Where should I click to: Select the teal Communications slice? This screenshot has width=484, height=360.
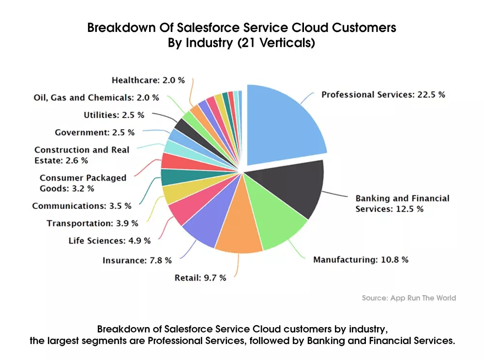point(169,178)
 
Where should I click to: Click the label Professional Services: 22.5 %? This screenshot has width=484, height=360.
point(383,95)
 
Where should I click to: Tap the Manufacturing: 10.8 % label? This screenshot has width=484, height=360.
point(361,260)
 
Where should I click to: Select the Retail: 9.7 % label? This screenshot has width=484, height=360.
point(200,278)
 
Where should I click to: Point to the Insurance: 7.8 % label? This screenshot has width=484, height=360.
point(137,260)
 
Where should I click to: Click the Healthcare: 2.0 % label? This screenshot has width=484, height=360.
point(148,80)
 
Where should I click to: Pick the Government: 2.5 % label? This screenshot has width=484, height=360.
point(94,132)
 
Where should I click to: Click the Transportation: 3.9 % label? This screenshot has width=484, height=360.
point(92,223)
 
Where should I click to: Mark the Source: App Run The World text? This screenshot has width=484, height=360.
point(408,298)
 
